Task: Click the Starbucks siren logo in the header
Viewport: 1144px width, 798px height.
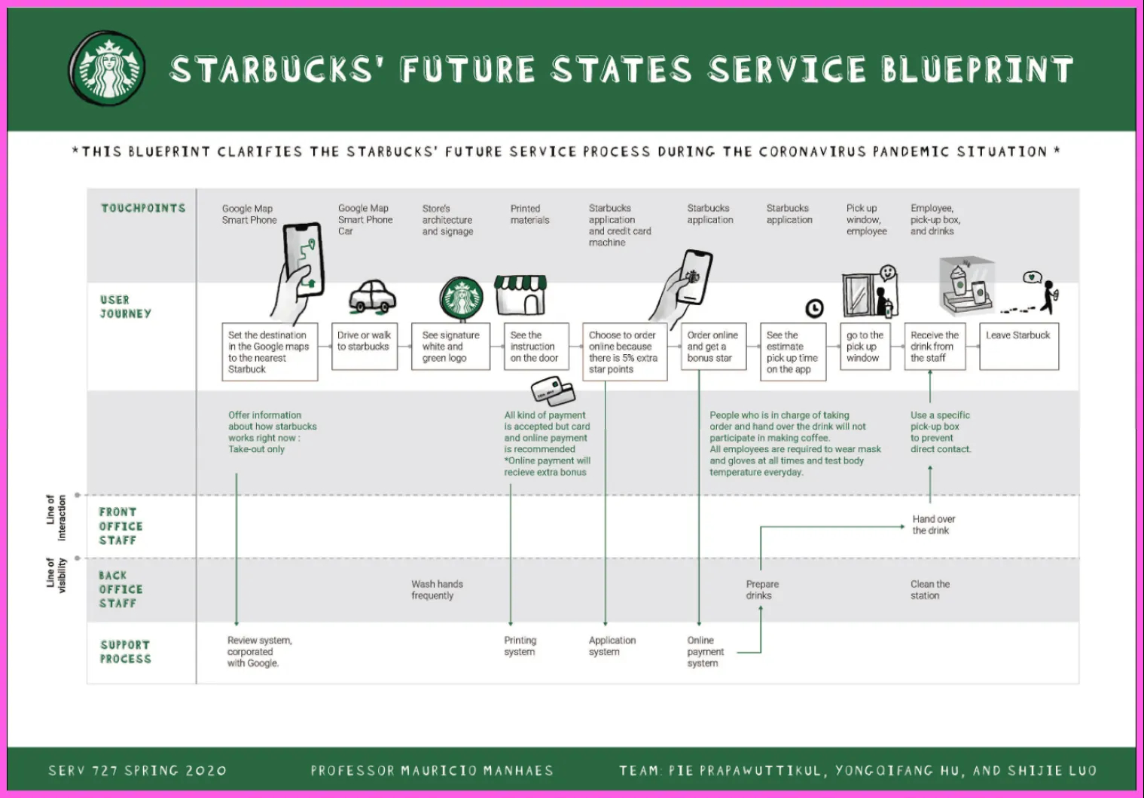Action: click(108, 69)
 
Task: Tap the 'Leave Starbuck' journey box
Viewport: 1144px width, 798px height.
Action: click(1018, 346)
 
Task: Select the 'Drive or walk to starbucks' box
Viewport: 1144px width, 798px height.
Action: click(365, 346)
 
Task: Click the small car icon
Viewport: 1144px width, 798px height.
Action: click(372, 297)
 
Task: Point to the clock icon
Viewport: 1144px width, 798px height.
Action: click(814, 308)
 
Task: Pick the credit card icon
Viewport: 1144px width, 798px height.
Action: click(553, 392)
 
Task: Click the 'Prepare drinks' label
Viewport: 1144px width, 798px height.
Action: click(762, 590)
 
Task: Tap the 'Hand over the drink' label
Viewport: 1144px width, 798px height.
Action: click(933, 524)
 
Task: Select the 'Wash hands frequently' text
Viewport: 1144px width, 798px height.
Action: click(437, 590)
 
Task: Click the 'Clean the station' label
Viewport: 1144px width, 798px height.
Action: click(929, 590)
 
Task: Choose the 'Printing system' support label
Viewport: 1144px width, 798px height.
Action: click(520, 646)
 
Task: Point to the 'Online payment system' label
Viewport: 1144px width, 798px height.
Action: click(705, 652)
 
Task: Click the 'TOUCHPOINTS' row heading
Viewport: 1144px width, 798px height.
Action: click(143, 208)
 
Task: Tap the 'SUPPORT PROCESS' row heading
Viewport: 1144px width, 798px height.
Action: click(126, 652)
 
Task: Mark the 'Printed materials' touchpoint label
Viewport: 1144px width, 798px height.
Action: click(529, 214)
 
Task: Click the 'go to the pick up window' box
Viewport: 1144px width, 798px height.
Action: click(865, 347)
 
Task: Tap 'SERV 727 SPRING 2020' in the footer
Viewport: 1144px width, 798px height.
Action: click(137, 771)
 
